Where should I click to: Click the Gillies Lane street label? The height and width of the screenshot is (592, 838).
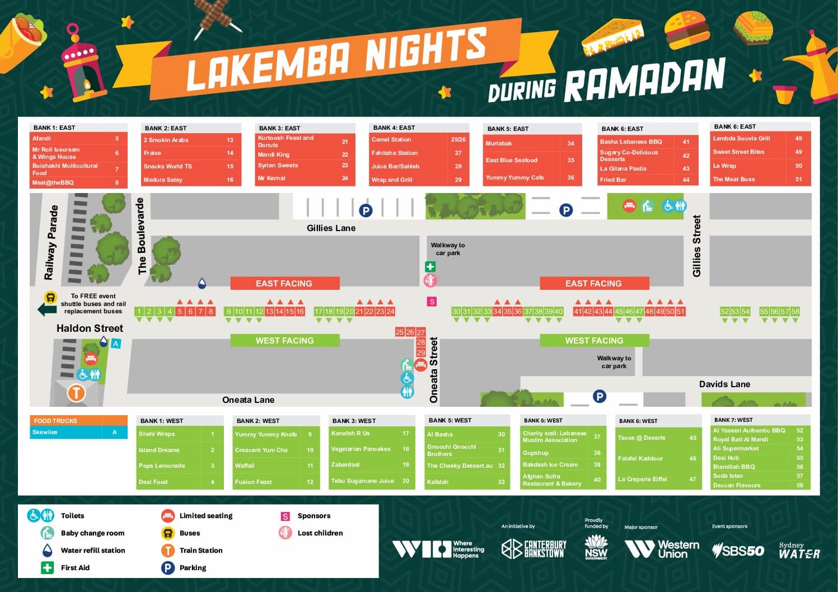[331, 228]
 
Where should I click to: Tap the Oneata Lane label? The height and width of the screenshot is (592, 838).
[248, 400]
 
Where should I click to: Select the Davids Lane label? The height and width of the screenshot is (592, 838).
[724, 384]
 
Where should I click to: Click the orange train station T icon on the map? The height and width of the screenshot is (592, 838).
[76, 393]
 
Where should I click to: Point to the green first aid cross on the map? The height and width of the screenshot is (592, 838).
[430, 267]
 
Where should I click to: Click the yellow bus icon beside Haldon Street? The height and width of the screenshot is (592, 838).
[50, 298]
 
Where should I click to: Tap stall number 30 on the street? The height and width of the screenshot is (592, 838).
[456, 312]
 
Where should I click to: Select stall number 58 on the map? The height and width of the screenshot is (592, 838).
[795, 312]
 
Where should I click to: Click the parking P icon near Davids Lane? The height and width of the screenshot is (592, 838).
[600, 396]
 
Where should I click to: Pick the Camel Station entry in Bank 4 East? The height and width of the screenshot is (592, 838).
[391, 139]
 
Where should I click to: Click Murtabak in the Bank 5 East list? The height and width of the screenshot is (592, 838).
[499, 143]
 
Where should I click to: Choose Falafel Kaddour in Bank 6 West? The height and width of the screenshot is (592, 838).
[640, 458]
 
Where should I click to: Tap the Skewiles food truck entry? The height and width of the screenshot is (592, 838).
[45, 432]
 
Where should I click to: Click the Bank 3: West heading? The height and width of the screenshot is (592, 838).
[354, 421]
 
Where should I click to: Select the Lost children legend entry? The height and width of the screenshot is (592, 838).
[320, 533]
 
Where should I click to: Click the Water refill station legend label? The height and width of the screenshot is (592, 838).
[92, 550]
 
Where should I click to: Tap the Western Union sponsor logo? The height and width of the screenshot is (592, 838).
[662, 549]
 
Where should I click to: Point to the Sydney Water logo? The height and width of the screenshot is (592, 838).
[799, 551]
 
